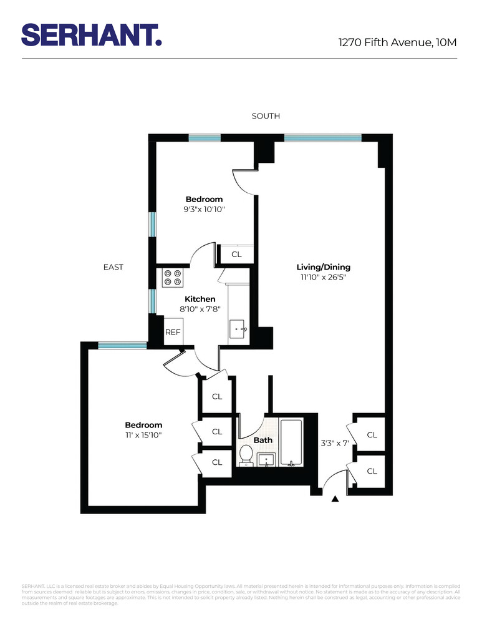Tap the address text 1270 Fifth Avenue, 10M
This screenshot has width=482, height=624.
pos(398,42)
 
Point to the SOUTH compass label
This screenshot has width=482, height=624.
pos(266,116)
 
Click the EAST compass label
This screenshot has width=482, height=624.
pos(113,267)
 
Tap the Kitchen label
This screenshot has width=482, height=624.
pos(200,299)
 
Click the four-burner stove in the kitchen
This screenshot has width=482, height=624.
pos(173,278)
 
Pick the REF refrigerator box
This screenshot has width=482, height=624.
pos(173,332)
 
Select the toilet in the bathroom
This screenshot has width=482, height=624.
pos(246,456)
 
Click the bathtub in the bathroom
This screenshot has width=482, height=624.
pos(291,442)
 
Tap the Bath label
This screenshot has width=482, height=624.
pos(263,440)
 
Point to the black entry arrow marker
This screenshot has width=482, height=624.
pos(335,498)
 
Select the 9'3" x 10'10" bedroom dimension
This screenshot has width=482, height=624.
pos(204,210)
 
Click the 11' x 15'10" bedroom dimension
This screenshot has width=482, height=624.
pos(143,435)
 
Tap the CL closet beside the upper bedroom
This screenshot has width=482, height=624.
pos(236,254)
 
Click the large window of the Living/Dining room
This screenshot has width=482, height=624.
pos(322,137)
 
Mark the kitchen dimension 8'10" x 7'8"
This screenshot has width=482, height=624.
pos(200,309)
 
